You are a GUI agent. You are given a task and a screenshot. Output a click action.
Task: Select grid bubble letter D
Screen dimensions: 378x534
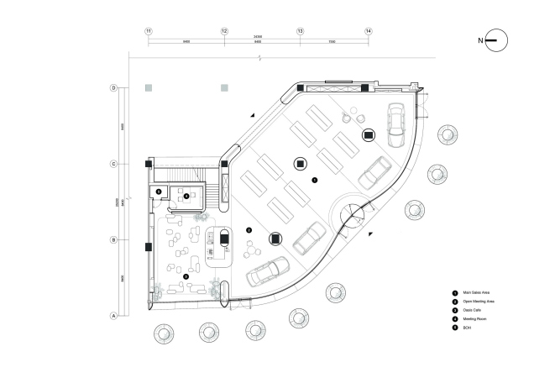point(113,87)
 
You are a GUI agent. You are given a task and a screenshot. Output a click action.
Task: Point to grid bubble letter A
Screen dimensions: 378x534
point(113,316)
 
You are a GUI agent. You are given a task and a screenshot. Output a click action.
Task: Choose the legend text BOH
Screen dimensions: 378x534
point(466,328)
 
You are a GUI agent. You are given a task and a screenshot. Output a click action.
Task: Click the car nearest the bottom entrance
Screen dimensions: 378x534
point(263,274)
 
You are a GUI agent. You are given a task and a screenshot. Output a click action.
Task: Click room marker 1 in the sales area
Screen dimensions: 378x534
point(314,180)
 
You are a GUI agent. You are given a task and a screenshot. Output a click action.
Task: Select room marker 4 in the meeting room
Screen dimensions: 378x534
point(186,196)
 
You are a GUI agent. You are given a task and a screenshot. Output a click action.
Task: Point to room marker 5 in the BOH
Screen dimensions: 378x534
point(159,192)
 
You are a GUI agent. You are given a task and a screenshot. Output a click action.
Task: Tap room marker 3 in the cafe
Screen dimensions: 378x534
point(249,229)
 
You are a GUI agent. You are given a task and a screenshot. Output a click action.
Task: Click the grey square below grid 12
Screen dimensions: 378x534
point(224,87)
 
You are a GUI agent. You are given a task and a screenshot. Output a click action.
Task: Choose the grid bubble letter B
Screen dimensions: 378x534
point(113,240)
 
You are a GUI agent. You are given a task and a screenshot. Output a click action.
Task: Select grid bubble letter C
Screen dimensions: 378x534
point(113,164)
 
